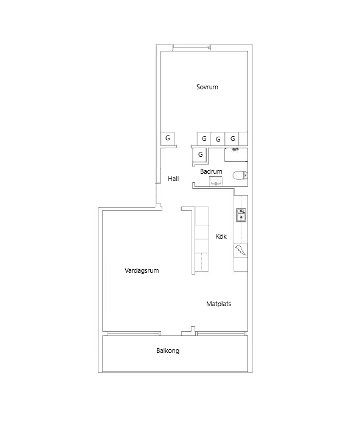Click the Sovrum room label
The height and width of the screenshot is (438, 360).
click(x=207, y=87)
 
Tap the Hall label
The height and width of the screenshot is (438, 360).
click(x=173, y=179)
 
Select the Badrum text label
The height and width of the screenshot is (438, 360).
click(x=211, y=171)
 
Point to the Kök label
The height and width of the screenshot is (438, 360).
click(x=221, y=236)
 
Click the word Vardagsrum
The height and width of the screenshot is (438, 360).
click(x=142, y=270)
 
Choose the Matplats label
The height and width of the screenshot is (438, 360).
click(x=219, y=304)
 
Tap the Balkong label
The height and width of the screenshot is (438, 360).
click(x=168, y=351)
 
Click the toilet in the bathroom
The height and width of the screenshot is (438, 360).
click(x=240, y=176)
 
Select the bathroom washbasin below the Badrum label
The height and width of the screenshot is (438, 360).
click(x=216, y=181)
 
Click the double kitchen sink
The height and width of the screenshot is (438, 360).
click(x=241, y=215)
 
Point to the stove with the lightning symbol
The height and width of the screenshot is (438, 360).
click(x=241, y=250)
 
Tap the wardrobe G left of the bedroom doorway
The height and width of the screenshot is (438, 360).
click(x=168, y=139)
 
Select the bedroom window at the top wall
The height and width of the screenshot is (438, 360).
click(x=192, y=47)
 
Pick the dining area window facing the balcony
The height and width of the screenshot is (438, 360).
click(x=220, y=333)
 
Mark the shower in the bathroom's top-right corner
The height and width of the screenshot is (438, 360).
click(x=236, y=155)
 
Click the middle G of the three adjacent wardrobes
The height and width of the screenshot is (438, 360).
click(x=218, y=139)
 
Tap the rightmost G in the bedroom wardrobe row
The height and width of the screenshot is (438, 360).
click(x=232, y=139)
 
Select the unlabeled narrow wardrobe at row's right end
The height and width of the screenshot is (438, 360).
click(x=243, y=139)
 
